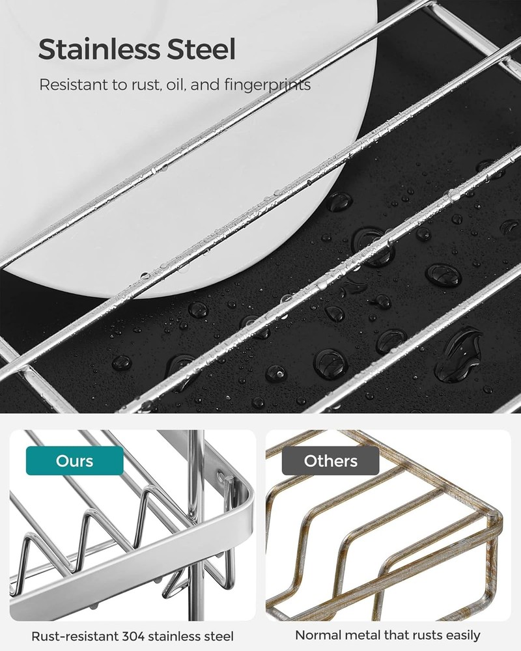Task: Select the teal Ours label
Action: (74, 461)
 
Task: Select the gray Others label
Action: (330, 461)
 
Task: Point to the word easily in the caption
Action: (462, 635)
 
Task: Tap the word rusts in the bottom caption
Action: (426, 635)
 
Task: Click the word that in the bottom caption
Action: (395, 635)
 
